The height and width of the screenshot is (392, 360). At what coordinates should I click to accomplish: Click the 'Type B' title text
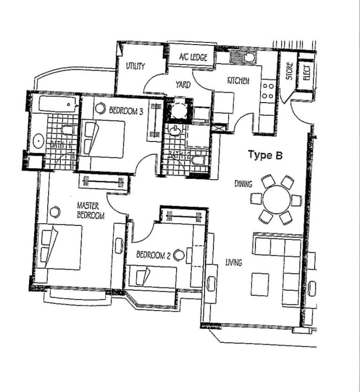265,155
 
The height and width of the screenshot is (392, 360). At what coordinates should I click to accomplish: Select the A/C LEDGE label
190,58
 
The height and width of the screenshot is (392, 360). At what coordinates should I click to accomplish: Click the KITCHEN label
238,81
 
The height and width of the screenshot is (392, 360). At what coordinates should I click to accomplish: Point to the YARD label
183,85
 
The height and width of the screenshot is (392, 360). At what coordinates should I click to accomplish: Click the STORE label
290,71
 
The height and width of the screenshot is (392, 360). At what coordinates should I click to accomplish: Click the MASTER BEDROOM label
90,210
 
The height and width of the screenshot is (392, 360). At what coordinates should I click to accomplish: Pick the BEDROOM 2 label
153,255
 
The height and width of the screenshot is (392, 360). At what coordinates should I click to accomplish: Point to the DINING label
243,184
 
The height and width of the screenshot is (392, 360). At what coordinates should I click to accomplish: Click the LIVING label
233,263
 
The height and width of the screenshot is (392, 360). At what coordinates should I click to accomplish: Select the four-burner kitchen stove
268,91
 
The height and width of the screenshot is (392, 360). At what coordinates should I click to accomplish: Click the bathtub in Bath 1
58,104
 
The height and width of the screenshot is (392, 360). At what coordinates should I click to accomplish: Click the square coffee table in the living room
260,284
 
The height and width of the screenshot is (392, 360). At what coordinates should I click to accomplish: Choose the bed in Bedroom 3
104,139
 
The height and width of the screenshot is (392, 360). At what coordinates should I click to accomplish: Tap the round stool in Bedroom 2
178,255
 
